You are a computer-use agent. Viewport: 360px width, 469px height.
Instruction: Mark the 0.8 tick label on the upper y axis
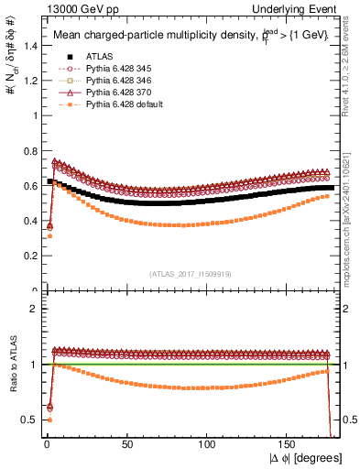[27, 151]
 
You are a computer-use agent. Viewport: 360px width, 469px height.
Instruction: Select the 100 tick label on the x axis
[208, 444]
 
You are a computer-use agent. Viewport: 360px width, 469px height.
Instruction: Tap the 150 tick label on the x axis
[289, 444]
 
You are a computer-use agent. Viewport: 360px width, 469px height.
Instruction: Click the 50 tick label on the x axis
[127, 444]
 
